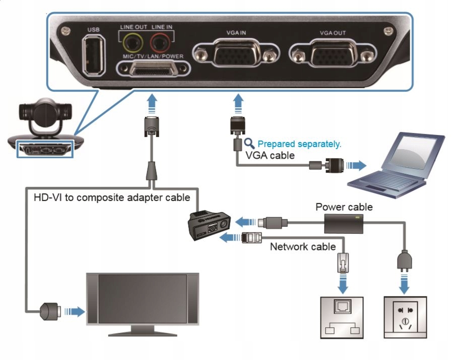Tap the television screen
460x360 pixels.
pos(143,298)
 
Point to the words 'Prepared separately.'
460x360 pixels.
pos(299,144)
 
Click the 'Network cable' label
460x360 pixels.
pos(302,247)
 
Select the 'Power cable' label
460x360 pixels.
pos(344,207)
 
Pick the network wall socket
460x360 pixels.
pos(342,317)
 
